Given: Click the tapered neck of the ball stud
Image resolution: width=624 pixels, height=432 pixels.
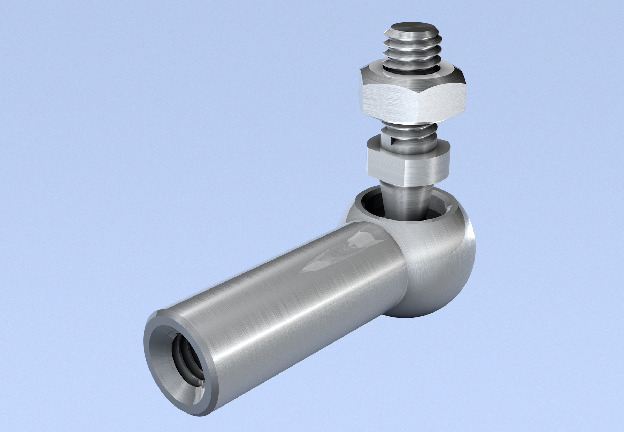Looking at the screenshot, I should (x=404, y=199).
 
